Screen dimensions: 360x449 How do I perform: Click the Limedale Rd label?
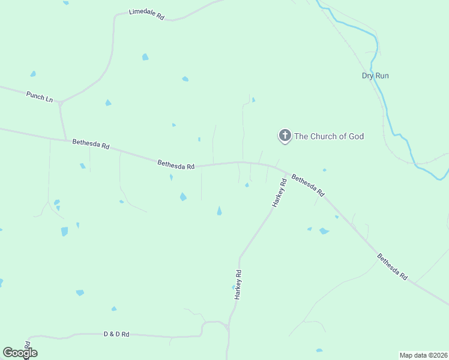pos(146,15)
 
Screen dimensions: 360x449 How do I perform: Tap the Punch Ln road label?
pos(40,96)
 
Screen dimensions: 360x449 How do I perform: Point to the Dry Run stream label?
pos(375,76)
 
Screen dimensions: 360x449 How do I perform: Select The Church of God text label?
pos(329,136)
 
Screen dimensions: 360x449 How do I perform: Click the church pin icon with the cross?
pos(285,136)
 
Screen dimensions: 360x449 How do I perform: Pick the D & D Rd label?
pos(116,334)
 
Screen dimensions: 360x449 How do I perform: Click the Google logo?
pos(20,353)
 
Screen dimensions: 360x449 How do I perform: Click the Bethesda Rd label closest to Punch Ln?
pos(91,145)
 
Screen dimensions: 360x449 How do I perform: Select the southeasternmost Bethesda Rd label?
pos(393,267)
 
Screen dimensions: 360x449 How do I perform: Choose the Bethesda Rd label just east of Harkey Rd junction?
pos(308,185)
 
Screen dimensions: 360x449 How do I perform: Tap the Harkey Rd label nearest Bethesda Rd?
pos(279,193)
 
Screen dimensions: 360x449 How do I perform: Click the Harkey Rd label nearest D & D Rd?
pos(238,284)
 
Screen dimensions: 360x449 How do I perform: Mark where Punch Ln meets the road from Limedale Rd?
pos(61,103)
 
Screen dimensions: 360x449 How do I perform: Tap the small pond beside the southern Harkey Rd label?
pos(234,287)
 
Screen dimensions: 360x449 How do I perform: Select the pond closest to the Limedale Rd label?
pos(145,57)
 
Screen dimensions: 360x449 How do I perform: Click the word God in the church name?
pos(354,136)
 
